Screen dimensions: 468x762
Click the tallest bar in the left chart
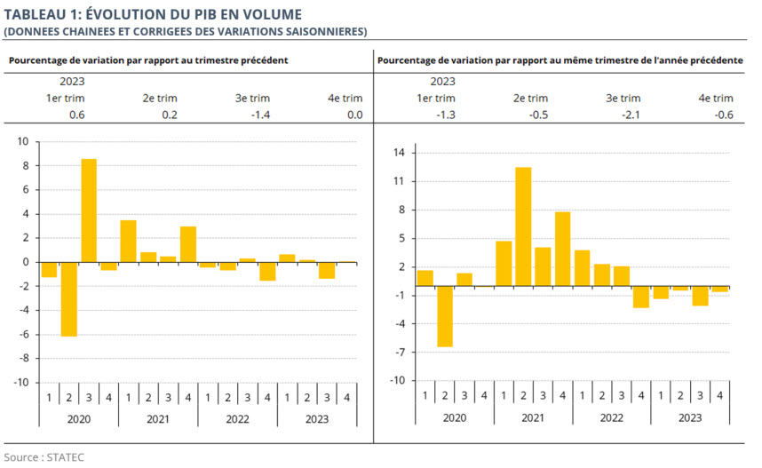(89, 210)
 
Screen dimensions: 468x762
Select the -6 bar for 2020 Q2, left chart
(69, 299)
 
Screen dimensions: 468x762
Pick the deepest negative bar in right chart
(445, 317)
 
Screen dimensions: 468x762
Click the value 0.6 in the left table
(76, 115)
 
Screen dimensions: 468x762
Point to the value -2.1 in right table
(629, 115)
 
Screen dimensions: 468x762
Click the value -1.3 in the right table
(446, 115)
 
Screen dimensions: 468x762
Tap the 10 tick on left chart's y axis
(22, 142)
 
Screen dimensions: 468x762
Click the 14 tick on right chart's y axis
(399, 154)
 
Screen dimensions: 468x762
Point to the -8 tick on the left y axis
(22, 359)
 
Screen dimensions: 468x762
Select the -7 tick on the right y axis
(399, 353)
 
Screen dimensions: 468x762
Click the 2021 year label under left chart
(157, 420)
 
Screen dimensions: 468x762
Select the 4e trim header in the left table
(345, 99)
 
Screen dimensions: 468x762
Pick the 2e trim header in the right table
(530, 99)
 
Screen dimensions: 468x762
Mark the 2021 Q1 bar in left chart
(128, 241)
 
